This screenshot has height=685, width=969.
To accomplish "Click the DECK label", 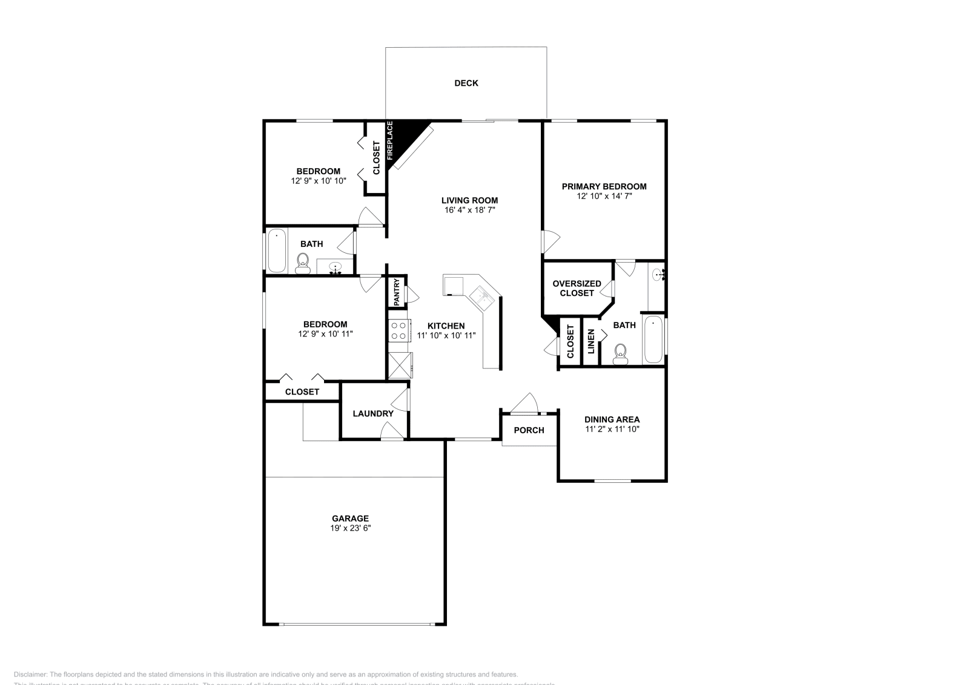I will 466,84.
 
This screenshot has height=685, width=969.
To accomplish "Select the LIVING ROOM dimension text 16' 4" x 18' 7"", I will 469,211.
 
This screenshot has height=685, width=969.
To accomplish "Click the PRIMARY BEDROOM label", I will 604,186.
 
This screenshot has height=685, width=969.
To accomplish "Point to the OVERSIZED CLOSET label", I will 577,288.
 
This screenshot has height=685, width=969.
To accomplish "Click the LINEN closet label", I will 591,341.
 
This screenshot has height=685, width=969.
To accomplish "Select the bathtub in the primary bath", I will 653,339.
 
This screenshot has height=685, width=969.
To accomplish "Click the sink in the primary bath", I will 659,275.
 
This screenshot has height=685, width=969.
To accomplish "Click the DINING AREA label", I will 612,419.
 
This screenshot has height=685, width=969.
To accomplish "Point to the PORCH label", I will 529,430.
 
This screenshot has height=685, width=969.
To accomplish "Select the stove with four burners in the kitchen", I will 399,331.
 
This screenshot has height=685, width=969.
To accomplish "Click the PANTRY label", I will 397,292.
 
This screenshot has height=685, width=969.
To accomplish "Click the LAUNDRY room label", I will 373,414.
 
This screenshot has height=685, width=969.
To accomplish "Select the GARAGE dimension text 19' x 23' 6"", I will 350,528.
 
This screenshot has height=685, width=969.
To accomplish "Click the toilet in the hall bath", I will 302,263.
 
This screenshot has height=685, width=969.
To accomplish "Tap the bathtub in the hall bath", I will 277,251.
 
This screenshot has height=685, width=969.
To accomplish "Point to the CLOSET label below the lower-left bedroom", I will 302,392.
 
